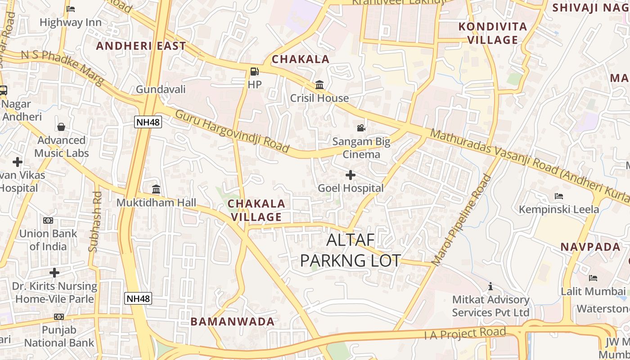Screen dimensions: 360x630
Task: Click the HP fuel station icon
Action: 254,72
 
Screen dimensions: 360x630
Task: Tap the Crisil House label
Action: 319,98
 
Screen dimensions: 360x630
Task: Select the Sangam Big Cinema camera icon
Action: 361,128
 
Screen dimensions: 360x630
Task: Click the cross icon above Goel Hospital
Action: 351,175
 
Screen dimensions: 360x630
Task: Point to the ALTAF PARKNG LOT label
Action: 351,250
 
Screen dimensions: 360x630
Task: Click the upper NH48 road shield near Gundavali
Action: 148,122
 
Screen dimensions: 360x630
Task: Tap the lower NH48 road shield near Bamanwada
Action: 138,298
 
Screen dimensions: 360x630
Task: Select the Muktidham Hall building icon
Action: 156,189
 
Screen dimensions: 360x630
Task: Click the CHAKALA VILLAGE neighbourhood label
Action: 256,210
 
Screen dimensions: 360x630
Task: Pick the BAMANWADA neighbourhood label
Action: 232,321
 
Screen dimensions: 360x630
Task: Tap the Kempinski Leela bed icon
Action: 559,196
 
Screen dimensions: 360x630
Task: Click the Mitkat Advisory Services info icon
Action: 490,286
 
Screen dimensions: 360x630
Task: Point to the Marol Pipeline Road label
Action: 462,219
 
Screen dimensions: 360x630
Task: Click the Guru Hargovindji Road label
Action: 232,130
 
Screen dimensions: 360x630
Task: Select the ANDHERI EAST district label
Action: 141,46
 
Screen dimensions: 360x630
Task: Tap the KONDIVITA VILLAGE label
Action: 493,33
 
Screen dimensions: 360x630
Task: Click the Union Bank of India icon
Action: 48,220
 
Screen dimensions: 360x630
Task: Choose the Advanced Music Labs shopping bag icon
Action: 61,127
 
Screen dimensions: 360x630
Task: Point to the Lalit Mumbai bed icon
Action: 593,278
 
